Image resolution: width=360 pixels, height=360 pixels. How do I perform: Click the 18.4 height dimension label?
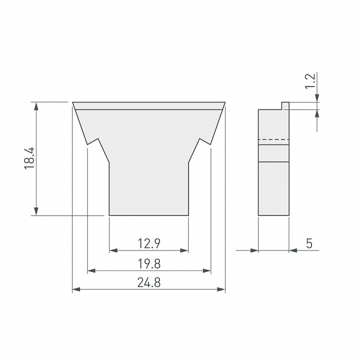tap(29, 158)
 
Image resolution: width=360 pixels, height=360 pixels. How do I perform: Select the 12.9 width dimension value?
tap(149, 243)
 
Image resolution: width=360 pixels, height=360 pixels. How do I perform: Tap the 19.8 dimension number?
tap(149, 263)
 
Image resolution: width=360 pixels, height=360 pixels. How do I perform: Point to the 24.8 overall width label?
tap(149, 282)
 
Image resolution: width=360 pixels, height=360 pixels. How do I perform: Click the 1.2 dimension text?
tap(310, 81)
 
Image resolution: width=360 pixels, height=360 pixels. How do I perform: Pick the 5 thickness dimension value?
tap(309, 243)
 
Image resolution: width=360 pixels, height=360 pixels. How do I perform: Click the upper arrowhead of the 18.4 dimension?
tap(36, 106)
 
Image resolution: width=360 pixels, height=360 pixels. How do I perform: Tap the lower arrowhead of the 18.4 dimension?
tap(36, 211)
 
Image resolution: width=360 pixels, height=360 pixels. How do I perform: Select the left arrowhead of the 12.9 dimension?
tap(113, 250)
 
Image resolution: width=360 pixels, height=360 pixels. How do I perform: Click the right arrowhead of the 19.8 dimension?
tap(207, 270)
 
